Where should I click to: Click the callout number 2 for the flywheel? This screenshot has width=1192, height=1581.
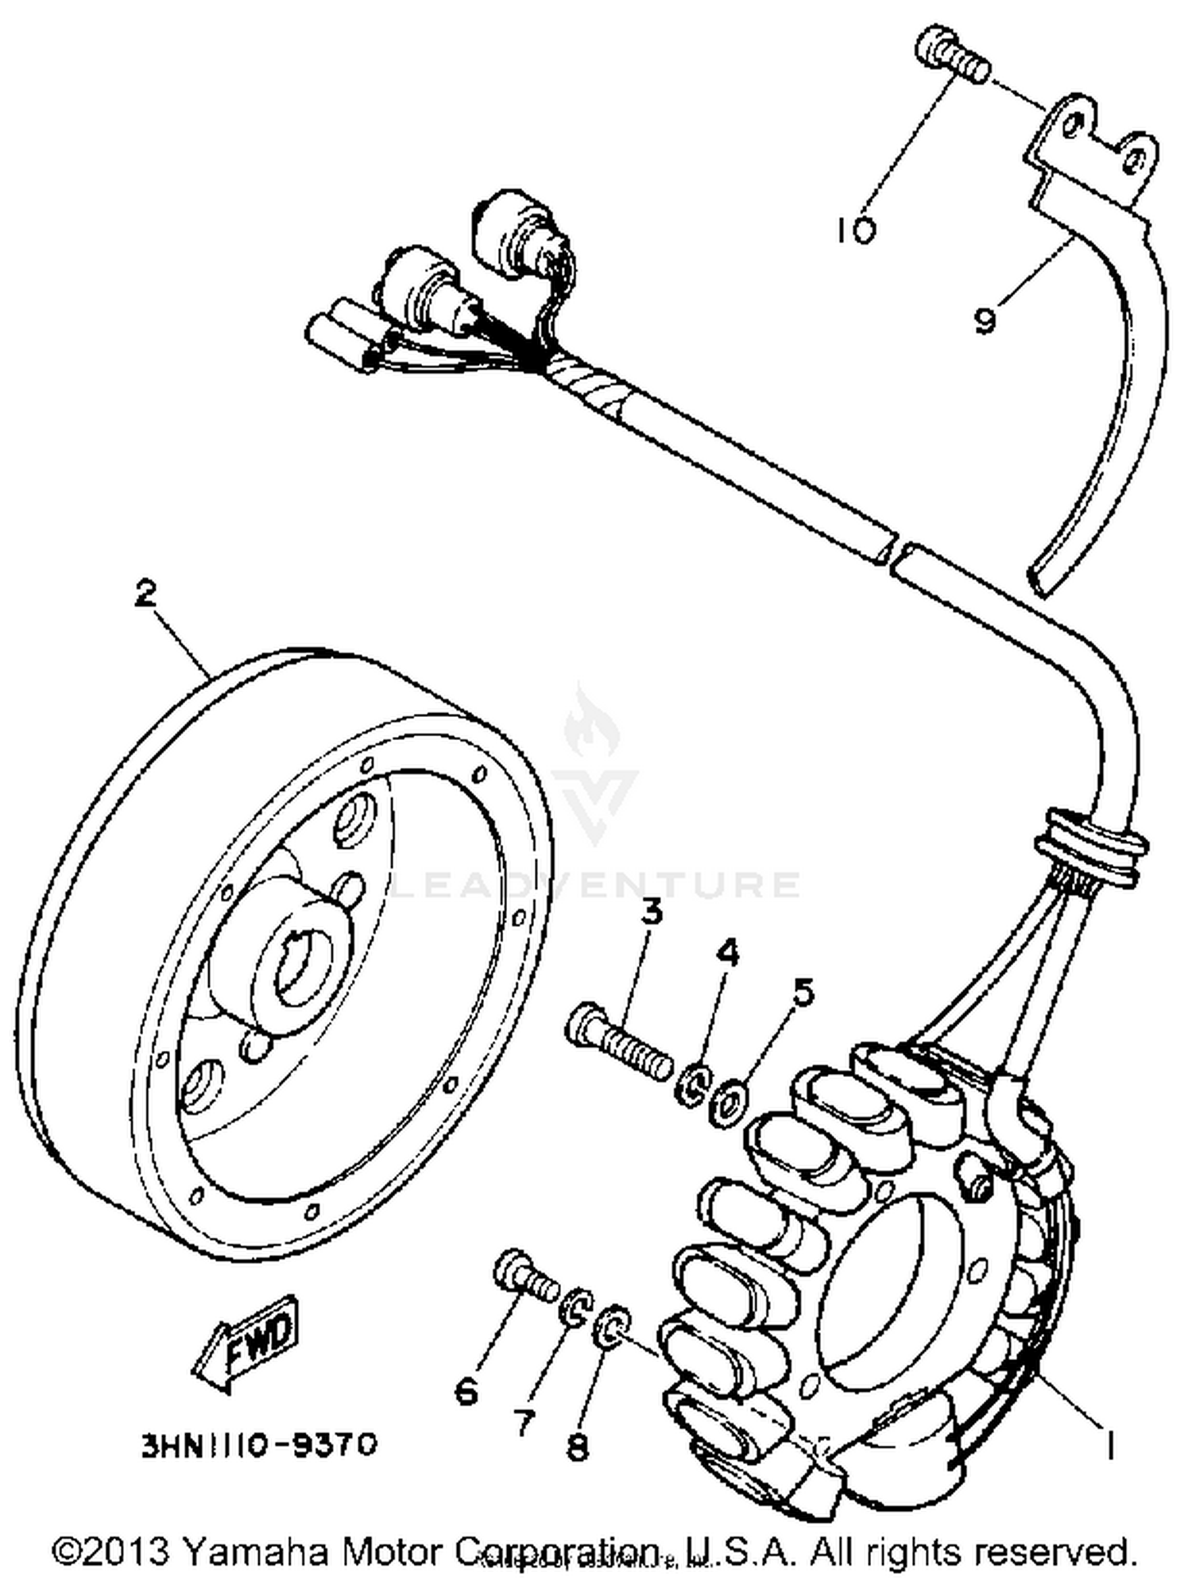145,593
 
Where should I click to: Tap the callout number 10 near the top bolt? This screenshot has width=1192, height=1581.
855,231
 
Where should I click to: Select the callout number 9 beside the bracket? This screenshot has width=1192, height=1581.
985,320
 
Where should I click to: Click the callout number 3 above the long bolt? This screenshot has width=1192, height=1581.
651,913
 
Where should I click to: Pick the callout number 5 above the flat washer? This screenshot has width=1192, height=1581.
803,993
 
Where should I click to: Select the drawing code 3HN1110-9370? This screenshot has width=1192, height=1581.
259,1444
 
